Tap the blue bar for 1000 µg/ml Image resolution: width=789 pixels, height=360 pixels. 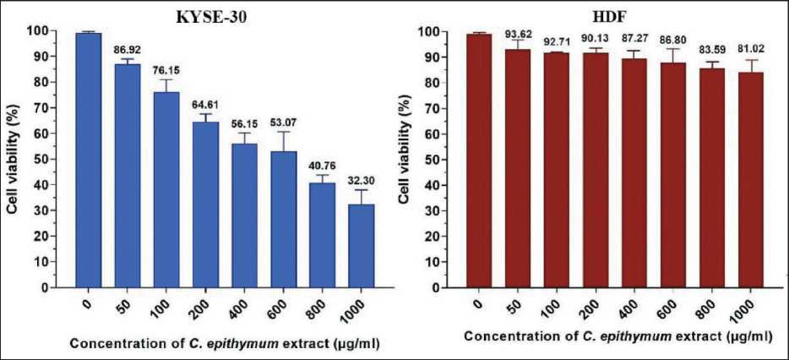361,245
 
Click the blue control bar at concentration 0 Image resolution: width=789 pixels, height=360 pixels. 88,161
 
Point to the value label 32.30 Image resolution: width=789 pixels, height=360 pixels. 360,180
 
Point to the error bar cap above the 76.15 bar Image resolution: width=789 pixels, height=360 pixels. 166,79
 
